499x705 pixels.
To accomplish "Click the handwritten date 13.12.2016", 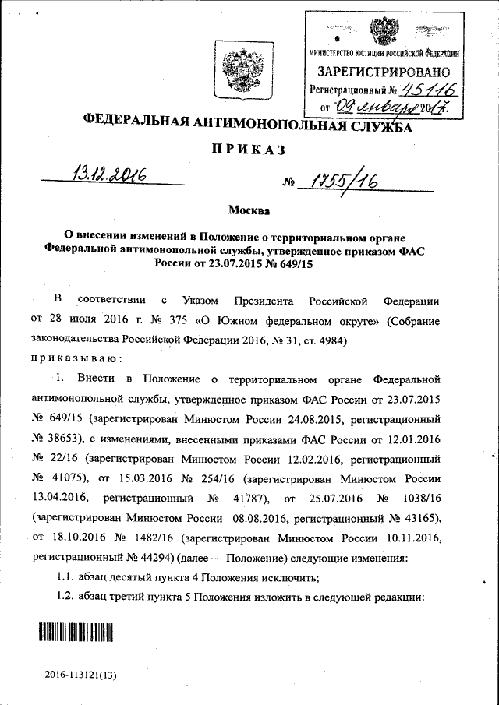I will tap(110, 172).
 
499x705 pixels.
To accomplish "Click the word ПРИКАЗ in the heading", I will tap(245, 150).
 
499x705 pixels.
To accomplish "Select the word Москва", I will tap(249, 211).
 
